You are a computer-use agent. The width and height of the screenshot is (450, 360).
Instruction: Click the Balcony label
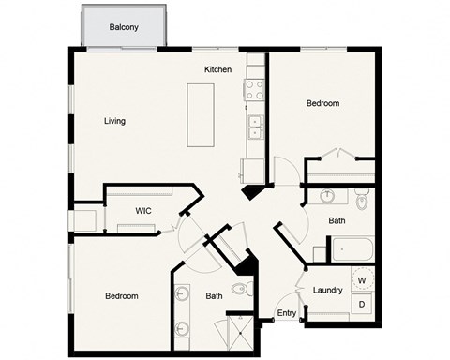tap(124, 27)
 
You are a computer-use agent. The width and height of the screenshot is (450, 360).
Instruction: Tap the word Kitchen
tap(218, 70)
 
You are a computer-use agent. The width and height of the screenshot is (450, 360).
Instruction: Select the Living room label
tap(114, 121)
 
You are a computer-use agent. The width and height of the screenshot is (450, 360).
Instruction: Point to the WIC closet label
tap(143, 211)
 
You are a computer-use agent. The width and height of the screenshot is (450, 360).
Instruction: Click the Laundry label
tap(327, 290)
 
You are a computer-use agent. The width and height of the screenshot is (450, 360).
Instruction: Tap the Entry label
tap(285, 314)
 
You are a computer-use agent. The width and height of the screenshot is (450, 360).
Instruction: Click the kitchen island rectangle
tap(201, 114)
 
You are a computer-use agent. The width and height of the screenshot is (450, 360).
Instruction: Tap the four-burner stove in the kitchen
tap(254, 90)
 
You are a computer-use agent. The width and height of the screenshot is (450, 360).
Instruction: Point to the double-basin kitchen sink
tap(254, 126)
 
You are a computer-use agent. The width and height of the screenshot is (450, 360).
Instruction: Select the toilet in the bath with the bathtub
tap(363, 200)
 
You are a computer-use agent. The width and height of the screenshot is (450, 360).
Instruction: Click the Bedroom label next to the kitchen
tap(322, 103)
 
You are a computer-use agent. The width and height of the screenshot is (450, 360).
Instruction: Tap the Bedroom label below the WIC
tap(121, 296)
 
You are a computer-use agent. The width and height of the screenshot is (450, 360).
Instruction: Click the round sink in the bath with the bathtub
tap(328, 198)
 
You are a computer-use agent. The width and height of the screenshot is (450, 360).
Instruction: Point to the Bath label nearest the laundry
tap(337, 221)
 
